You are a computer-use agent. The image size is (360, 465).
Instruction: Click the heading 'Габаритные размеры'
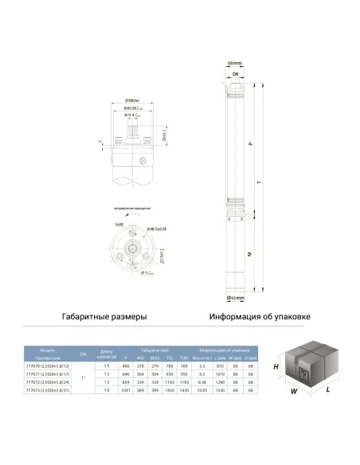pos(104,316)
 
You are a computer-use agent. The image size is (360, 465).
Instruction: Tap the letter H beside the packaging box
pos(276,367)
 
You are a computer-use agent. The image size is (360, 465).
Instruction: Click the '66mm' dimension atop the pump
pos(234,62)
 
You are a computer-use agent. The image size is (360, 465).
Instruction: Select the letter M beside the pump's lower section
pos(250,254)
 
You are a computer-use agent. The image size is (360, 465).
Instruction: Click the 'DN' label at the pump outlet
pos(234,72)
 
